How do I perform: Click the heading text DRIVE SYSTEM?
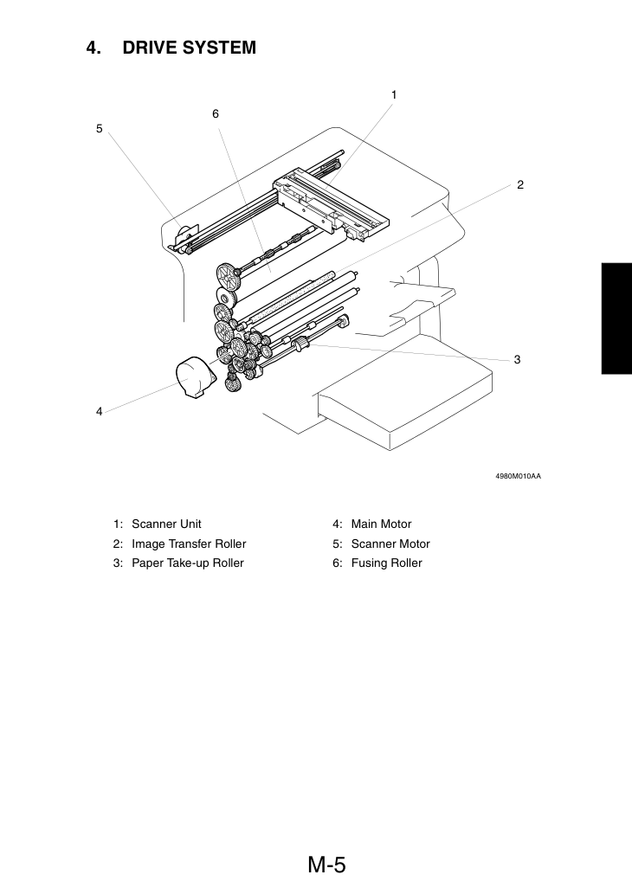pyautogui.click(x=190, y=48)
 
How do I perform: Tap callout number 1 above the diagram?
pyautogui.click(x=394, y=94)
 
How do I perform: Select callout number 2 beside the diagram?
pyautogui.click(x=520, y=184)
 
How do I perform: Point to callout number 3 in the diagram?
pyautogui.click(x=518, y=359)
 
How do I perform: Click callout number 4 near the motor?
pyautogui.click(x=100, y=411)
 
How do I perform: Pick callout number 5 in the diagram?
pyautogui.click(x=100, y=129)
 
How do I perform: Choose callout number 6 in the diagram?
pyautogui.click(x=216, y=114)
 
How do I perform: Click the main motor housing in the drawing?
pyautogui.click(x=195, y=376)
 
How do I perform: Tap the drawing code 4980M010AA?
pyautogui.click(x=518, y=476)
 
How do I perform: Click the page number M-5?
pyautogui.click(x=327, y=865)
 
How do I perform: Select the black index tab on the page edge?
pyautogui.click(x=616, y=318)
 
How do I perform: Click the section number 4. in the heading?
pyautogui.click(x=94, y=48)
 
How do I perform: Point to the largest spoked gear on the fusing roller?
pyautogui.click(x=229, y=275)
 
